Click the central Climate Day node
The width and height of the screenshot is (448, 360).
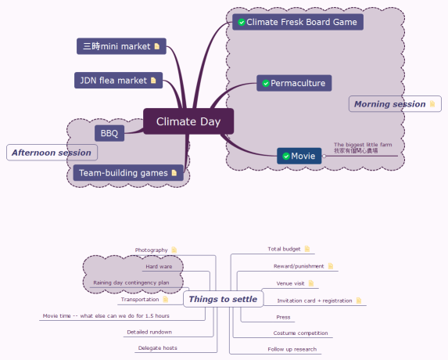point(188,121)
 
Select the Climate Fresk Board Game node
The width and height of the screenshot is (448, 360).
point(297,22)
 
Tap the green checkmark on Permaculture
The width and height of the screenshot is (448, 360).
point(266,83)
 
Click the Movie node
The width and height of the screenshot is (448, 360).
point(299,156)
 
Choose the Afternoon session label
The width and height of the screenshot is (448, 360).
point(51,152)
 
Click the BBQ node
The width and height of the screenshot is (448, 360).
point(109,133)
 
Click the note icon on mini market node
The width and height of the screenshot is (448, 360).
point(156,46)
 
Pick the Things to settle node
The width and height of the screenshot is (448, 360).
point(223,299)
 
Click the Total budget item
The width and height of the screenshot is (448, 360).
point(284,249)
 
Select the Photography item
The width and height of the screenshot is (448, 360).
point(151,250)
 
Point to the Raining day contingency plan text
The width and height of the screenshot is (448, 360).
point(131,283)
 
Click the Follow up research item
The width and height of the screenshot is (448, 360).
point(292,349)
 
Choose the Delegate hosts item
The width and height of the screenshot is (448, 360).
point(157,347)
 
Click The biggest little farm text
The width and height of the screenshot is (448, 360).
point(363,145)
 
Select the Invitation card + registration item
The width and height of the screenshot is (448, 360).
point(314,301)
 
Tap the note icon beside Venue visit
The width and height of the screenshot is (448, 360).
point(311,283)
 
